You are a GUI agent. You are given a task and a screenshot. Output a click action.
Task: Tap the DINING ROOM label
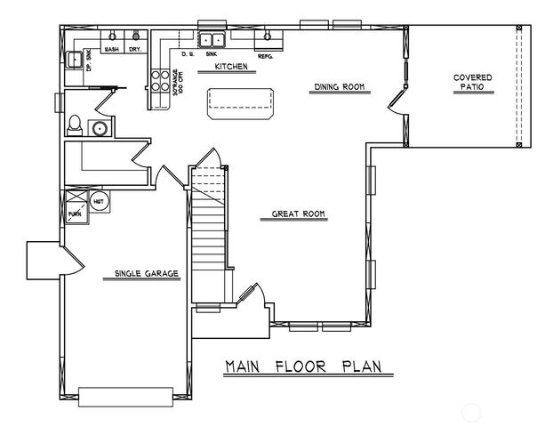(x=341, y=87)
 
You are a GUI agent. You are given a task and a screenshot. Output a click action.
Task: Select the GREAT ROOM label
(x=298, y=214)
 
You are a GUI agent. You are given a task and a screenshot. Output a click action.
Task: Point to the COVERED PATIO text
(x=472, y=83)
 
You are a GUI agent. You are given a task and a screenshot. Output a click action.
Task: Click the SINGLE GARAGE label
(x=146, y=273)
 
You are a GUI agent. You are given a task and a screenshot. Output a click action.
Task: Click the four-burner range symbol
(x=161, y=82)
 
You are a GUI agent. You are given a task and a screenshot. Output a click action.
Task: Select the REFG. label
(x=265, y=55)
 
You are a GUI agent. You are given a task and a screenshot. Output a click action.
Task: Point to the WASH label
(x=113, y=50)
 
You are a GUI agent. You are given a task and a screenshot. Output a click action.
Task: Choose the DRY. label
(x=134, y=50)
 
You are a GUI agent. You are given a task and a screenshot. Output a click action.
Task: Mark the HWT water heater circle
(x=99, y=200)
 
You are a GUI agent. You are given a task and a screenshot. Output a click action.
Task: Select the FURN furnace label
(x=75, y=213)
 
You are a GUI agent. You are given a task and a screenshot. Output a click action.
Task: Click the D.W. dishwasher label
(x=188, y=55)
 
